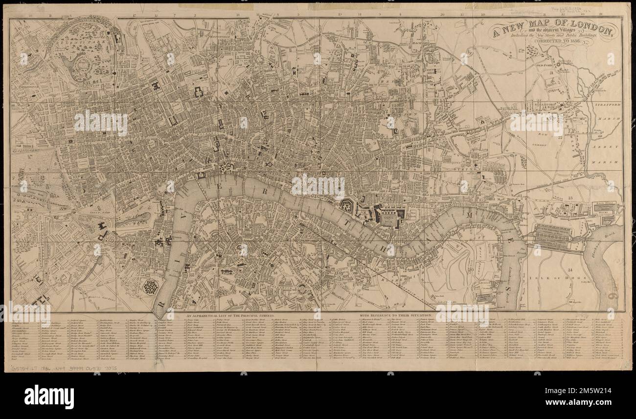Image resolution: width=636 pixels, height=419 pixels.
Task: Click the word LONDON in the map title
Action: (x=587, y=30)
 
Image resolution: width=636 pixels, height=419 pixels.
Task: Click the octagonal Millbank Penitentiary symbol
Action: (x=150, y=287)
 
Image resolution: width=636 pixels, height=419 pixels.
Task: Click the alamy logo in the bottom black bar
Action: (x=49, y=396)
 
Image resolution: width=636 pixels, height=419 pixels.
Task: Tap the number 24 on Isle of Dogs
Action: (x=570, y=270)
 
